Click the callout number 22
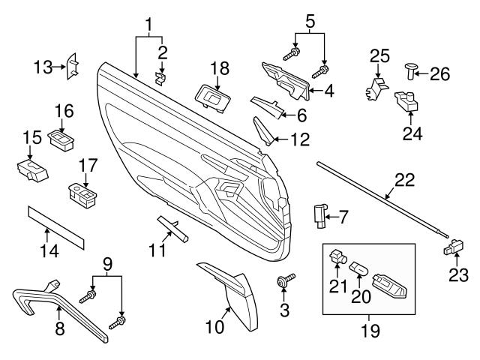click(404, 179)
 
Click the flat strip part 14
click(56, 227)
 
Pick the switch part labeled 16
click(59, 138)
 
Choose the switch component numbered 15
click(31, 170)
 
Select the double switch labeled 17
click(83, 193)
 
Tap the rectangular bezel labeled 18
click(212, 95)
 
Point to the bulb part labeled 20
click(358, 267)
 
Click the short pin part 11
click(173, 227)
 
